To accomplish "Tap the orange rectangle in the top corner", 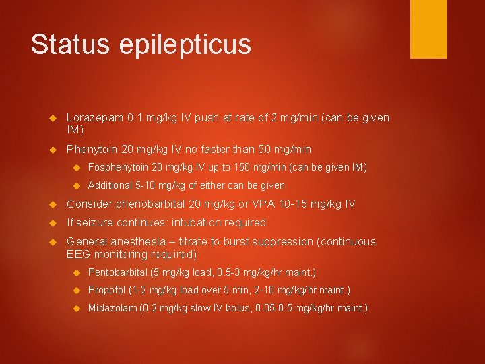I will point(428,29).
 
